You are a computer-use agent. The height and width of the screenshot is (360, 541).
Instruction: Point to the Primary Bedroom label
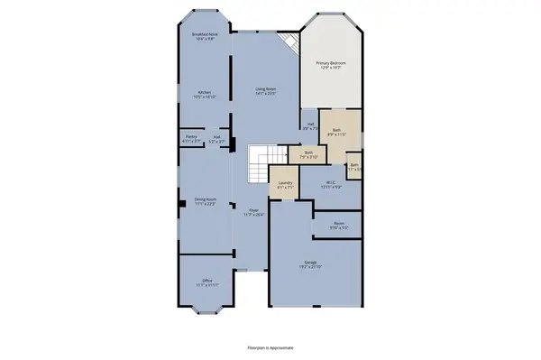pos(331,63)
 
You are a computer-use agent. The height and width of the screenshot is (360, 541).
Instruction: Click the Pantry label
pos(190,138)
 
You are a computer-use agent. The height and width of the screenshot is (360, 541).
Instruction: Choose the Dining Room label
pos(205,200)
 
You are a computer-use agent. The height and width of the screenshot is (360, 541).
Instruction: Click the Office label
pos(207,282)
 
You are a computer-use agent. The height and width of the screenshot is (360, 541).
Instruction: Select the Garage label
pos(310,262)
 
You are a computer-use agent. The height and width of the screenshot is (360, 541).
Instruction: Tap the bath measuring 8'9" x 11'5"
pos(336,132)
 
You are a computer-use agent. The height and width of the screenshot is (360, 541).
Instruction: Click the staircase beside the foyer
pos(260,163)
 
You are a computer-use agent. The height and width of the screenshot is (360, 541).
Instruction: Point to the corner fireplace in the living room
pos(289,42)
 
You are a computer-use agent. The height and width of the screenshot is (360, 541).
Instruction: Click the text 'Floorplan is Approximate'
pos(270,346)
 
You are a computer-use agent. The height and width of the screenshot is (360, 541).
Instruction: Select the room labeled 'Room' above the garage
pos(338,225)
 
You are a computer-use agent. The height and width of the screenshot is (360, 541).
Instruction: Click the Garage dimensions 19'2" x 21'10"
pos(310,267)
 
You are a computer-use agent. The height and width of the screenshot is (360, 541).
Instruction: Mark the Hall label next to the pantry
pos(216,138)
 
